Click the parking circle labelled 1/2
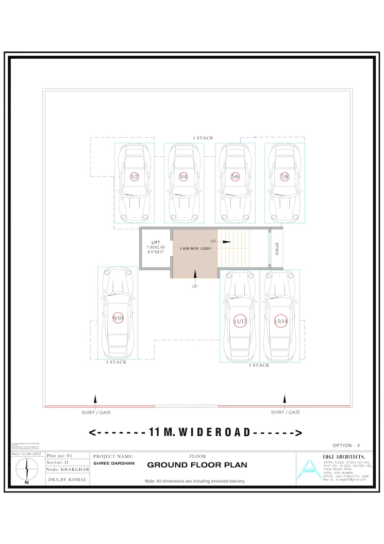coord(135,177)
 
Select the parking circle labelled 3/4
coord(183,177)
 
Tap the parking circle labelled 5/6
coord(235,177)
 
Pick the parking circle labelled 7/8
coord(285,177)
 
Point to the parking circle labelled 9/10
coord(118,318)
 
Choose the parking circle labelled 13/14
coord(280,321)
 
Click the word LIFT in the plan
coord(156,242)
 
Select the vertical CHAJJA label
coord(277,249)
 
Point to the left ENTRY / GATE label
coord(96,413)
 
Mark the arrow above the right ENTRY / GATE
coord(285,400)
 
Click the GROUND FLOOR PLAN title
coord(197,465)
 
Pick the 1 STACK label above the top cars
coord(203,138)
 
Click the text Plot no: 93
coord(60,456)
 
